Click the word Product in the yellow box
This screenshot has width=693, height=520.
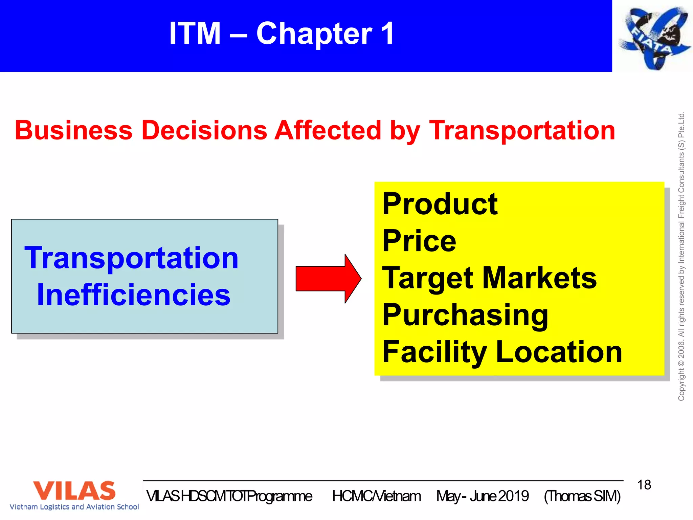tap(440, 204)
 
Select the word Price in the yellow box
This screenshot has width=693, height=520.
tap(419, 241)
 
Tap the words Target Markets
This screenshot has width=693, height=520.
tap(489, 278)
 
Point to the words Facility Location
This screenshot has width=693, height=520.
tap(502, 352)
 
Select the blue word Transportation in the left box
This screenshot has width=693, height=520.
tap(132, 258)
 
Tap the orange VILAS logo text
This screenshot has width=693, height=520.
tap(74, 491)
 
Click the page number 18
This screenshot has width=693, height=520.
tap(644, 485)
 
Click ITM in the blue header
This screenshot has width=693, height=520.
tap(195, 34)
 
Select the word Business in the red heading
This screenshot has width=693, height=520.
tap(73, 130)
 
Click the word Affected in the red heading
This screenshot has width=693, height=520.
tap(328, 130)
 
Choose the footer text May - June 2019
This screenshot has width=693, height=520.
tap(482, 496)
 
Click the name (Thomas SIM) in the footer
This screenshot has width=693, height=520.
tap(582, 496)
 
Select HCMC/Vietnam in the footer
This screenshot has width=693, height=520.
tap(376, 496)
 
